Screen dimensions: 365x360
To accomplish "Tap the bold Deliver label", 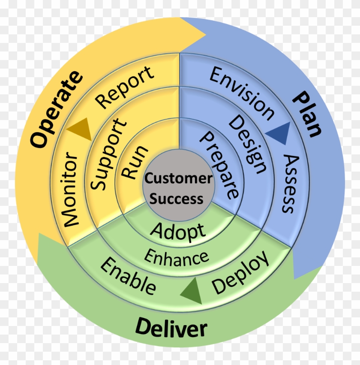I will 171,329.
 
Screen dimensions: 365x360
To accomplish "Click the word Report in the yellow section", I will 125,87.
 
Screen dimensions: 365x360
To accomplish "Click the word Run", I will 135,162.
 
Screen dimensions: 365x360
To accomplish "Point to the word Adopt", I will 178,232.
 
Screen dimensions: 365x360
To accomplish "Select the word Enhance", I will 176,257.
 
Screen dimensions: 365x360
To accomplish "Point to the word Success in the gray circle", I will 177,199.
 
